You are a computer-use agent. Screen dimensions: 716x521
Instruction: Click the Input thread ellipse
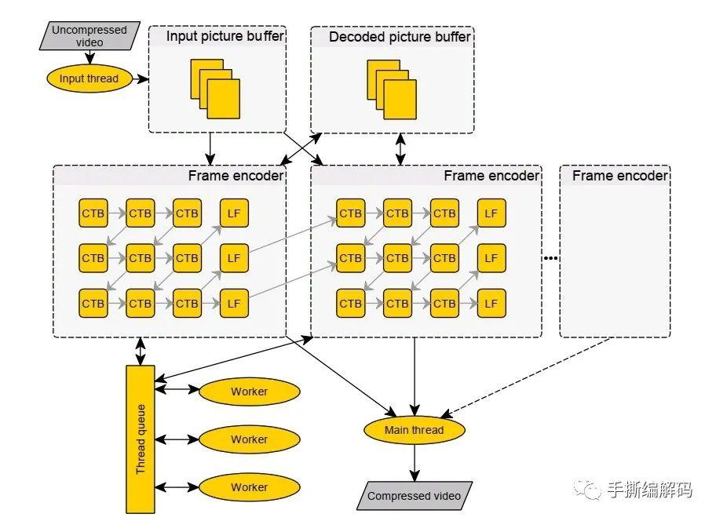click(89, 78)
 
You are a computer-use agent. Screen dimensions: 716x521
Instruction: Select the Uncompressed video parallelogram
click(89, 35)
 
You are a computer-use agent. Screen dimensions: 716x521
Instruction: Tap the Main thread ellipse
click(415, 430)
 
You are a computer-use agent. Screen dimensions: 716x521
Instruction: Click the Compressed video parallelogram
click(415, 495)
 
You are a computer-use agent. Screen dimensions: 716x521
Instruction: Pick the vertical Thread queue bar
click(141, 439)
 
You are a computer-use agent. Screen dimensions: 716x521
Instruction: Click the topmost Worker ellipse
click(250, 392)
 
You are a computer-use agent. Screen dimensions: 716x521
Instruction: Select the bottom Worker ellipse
click(250, 486)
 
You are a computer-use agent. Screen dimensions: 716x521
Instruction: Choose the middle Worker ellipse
click(250, 439)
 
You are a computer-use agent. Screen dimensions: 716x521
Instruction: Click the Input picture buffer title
click(225, 36)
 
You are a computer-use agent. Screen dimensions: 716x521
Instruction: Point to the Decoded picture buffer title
click(400, 37)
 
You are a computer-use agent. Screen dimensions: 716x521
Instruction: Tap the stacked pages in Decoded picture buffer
click(392, 89)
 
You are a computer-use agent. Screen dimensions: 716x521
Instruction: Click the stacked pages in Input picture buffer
click(215, 89)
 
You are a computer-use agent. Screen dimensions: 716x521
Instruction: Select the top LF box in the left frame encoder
click(234, 213)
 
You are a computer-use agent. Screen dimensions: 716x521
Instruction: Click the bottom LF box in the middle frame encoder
click(491, 304)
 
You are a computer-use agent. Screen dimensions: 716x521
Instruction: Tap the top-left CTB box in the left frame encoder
click(93, 213)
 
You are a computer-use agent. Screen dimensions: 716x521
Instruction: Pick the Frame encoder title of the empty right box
click(619, 176)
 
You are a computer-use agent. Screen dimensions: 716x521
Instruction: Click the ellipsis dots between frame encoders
click(550, 258)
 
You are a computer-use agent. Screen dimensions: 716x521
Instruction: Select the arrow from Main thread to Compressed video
click(415, 463)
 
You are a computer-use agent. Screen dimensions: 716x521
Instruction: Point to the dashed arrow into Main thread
click(525, 377)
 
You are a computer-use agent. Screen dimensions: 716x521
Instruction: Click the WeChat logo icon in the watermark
click(588, 490)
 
